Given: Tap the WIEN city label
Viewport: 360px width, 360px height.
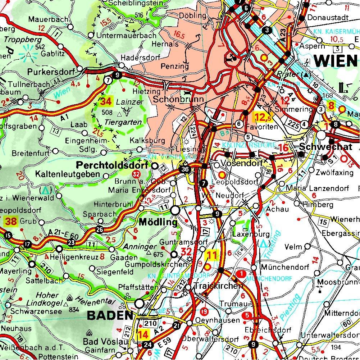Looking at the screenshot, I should click(335, 61).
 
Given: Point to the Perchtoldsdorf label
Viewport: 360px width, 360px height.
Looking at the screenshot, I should click(113, 166).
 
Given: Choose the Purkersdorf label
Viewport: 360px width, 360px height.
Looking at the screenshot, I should click(51, 72).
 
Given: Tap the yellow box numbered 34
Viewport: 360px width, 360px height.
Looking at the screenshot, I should click(106, 101).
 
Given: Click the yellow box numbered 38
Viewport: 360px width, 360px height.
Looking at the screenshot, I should click(11, 222).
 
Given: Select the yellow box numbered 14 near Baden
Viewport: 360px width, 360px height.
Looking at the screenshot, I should click(143, 334).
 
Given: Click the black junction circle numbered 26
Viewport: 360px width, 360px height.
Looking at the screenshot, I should click(100, 230).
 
